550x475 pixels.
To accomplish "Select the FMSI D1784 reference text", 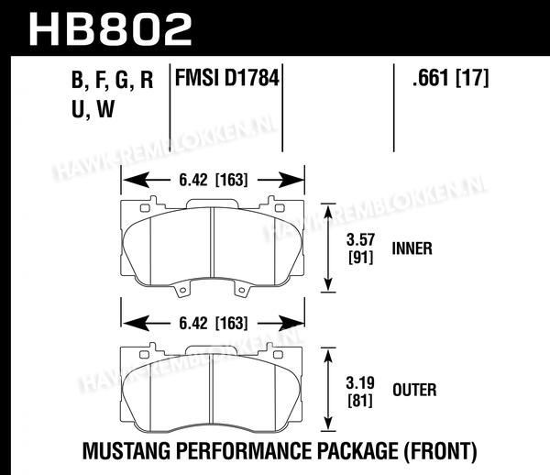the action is (227, 78).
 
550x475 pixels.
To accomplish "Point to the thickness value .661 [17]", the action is (451, 78).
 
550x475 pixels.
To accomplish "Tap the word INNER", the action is (412, 249).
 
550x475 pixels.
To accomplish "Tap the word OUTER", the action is (414, 390).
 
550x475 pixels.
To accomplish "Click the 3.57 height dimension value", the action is (360, 240).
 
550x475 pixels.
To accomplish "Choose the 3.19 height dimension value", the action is (360, 382).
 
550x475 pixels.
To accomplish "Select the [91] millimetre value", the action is (360, 259).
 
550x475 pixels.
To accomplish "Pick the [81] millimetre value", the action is (360, 401).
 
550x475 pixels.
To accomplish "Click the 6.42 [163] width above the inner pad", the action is (214, 181).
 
